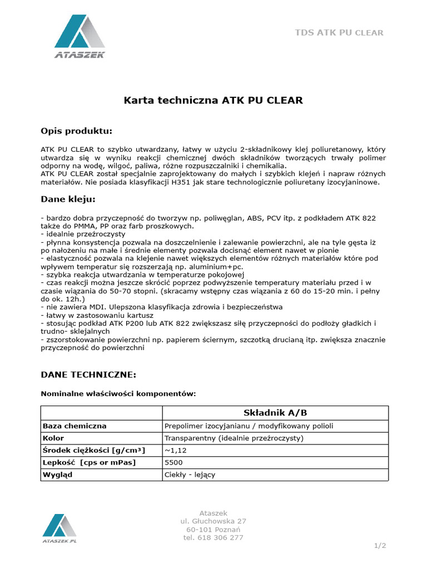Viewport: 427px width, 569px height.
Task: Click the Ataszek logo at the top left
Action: pos(80,37)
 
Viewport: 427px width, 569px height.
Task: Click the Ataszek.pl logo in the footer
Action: pos(59,528)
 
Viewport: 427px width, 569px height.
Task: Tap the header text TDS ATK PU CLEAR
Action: pos(339,33)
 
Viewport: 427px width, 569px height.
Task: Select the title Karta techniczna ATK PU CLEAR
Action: pos(212,101)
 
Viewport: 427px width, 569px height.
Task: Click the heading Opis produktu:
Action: pos(76,131)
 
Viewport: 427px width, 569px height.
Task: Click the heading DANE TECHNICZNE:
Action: pos(88,375)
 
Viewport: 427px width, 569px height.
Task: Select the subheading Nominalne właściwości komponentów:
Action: pos(118,394)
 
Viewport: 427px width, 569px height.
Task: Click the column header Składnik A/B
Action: pos(275,413)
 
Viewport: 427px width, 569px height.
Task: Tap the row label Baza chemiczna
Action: pos(75,426)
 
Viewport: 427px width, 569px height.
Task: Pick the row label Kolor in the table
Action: pos(54,438)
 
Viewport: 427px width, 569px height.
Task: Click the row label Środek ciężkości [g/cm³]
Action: pos(94,451)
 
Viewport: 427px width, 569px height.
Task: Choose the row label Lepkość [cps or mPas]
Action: pos(89,463)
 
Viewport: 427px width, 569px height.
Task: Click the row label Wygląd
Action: pos(58,475)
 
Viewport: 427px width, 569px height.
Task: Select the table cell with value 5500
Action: pos(173,463)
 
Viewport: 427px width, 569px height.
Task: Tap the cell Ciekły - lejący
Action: pos(190,475)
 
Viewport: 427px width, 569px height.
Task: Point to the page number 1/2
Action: pos(380,546)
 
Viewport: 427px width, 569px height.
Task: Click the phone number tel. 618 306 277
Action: pos(213,538)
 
